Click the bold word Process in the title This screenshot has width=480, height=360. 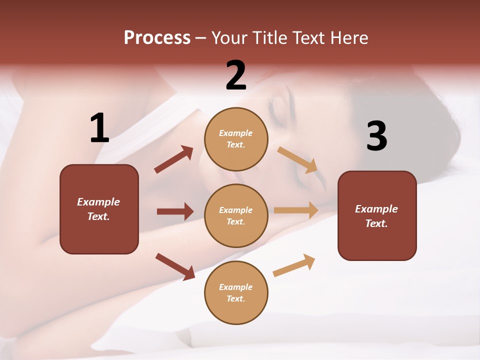(157, 37)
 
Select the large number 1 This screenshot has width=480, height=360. (99, 128)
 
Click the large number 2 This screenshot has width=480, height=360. (236, 75)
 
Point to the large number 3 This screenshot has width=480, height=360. (376, 136)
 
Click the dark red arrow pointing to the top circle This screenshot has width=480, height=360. (174, 159)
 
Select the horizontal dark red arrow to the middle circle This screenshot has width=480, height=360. (175, 211)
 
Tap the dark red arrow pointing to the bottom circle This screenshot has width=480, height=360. (175, 266)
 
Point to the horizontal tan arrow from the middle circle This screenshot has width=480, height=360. (296, 210)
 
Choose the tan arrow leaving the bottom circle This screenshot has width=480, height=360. (294, 265)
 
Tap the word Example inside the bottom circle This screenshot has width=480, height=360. (236, 287)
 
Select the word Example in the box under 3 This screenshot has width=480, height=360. (376, 209)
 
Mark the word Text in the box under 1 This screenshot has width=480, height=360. (97, 216)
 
